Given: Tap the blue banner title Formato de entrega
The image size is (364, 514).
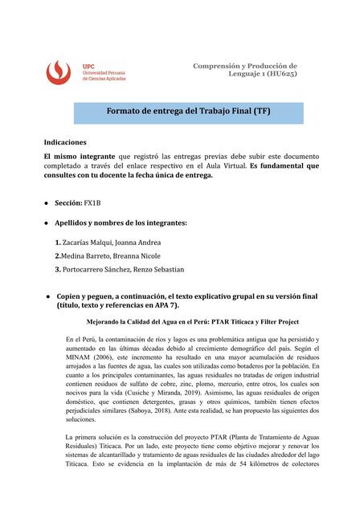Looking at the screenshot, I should click(x=189, y=112).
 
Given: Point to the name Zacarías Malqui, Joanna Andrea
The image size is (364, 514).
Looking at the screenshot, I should click(x=121, y=241).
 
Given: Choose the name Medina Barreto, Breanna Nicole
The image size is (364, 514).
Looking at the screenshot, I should click(x=123, y=255).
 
